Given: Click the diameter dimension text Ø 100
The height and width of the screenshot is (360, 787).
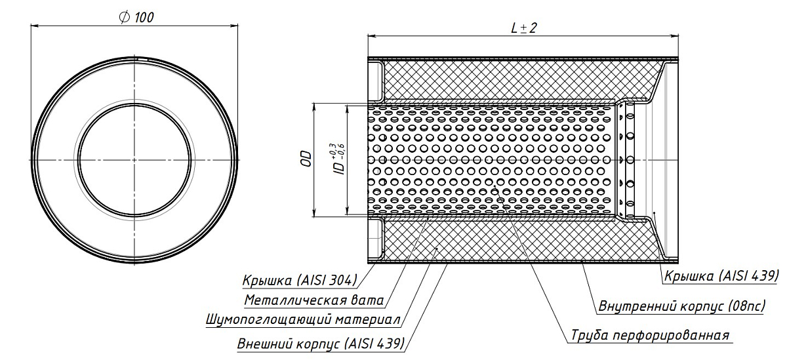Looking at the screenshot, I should point(136,18).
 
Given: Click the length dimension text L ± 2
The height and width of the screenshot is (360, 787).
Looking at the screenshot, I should point(523,28).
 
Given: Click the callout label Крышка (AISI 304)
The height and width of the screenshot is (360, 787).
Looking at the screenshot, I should point(299,281).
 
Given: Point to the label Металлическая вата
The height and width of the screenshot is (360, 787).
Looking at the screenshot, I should point(313,301).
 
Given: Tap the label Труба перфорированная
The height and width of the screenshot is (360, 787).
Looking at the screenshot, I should point(649,335).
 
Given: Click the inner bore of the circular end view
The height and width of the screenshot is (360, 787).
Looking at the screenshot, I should point(136,159).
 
